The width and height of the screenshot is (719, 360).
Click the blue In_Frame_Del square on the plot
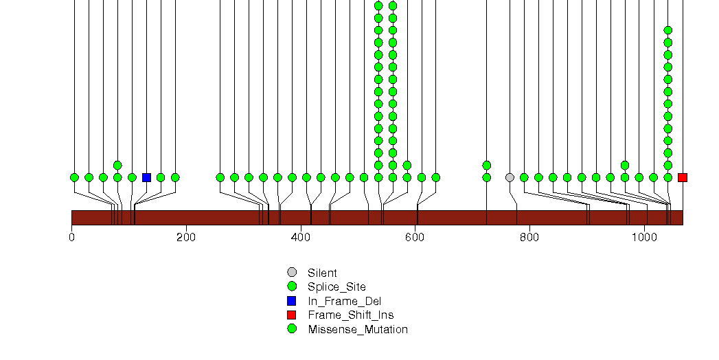[146, 177]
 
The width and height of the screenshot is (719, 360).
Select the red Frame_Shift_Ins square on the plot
[683, 177]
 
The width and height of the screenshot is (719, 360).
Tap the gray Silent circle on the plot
[510, 177]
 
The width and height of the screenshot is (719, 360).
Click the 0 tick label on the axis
[71, 237]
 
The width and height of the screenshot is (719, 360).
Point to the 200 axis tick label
[185, 237]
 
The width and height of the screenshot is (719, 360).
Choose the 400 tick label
[300, 237]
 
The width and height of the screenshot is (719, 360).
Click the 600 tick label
[415, 237]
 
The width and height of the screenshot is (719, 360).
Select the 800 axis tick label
[529, 237]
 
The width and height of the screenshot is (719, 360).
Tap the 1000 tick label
[643, 237]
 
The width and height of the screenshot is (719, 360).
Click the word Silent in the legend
[322, 273]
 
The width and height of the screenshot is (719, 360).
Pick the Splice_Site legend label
[336, 287]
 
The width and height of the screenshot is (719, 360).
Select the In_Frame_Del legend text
[344, 302]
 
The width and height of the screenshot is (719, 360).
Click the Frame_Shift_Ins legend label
[351, 315]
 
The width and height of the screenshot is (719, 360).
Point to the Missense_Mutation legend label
[358, 329]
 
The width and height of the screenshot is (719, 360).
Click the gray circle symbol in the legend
[292, 273]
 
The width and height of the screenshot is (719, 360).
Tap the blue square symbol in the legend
[292, 301]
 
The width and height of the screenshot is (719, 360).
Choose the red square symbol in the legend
[292, 315]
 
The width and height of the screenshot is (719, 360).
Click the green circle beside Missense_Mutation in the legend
[292, 329]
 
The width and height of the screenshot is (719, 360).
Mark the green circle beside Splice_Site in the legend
[292, 286]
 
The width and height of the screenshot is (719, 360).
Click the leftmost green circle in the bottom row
[74, 177]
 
